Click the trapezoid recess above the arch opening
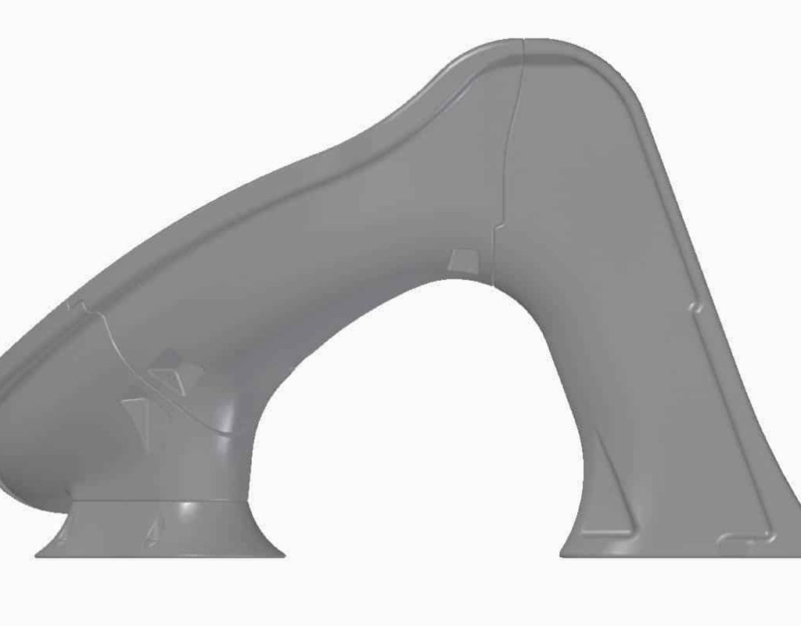[462, 261]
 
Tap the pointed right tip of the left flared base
[282, 555]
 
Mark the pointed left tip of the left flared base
[38, 555]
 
